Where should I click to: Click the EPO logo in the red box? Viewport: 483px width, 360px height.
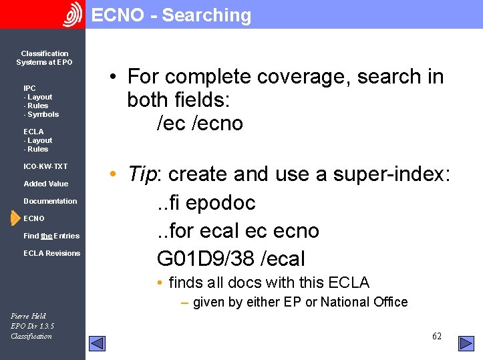tap(72, 15)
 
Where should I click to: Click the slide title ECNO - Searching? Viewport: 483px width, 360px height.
tap(171, 15)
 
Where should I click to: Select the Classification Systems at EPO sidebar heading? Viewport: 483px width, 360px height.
tap(44, 57)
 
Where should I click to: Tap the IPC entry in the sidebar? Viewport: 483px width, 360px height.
tap(29, 88)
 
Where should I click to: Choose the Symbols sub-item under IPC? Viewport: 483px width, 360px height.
tap(41, 114)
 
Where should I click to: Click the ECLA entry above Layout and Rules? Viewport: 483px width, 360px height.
tap(33, 132)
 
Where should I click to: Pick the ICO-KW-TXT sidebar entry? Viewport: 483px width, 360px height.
tap(45, 166)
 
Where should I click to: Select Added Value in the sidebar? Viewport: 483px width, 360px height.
tap(45, 184)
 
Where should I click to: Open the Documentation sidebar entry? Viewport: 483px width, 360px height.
tap(50, 201)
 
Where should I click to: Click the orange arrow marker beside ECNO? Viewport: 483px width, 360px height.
tap(15, 218)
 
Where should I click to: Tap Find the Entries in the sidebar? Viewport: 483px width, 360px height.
tap(51, 236)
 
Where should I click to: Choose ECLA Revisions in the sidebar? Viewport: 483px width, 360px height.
tap(51, 253)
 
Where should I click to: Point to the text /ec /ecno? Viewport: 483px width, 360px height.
tap(200, 124)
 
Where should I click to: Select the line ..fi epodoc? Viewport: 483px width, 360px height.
tap(206, 202)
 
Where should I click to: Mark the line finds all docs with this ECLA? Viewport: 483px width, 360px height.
tap(269, 283)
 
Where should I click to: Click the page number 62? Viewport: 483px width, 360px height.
tap(436, 336)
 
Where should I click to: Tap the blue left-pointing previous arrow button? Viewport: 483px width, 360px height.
tap(98, 343)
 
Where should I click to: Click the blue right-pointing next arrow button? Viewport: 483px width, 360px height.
tap(466, 343)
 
